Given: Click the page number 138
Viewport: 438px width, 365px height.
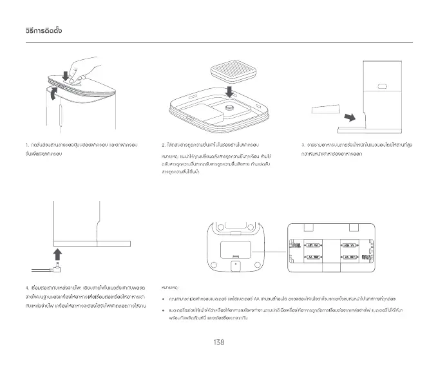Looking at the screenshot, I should click(x=218, y=342).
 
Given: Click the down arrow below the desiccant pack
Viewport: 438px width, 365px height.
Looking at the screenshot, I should click(x=230, y=88).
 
